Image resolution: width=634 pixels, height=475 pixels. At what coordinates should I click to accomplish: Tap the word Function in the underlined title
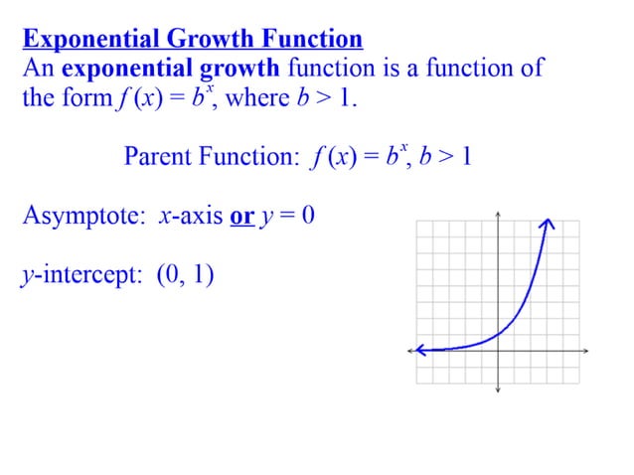pyautogui.click(x=310, y=40)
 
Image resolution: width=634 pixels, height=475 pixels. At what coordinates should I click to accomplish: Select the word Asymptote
pyautogui.click(x=83, y=217)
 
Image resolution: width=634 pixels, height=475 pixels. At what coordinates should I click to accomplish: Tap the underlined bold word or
pyautogui.click(x=241, y=217)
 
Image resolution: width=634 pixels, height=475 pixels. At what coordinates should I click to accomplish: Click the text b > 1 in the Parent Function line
pyautogui.click(x=444, y=157)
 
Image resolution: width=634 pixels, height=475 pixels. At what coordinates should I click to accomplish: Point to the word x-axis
pyautogui.click(x=190, y=217)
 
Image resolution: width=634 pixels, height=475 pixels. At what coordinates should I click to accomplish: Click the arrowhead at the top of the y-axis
pyautogui.click(x=498, y=213)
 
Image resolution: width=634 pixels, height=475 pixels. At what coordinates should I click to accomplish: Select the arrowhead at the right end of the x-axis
pyautogui.click(x=587, y=351)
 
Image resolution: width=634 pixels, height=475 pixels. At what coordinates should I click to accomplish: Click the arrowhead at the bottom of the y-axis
pyautogui.click(x=498, y=390)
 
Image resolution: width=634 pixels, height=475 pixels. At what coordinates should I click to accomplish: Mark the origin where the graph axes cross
pyautogui.click(x=498, y=351)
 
